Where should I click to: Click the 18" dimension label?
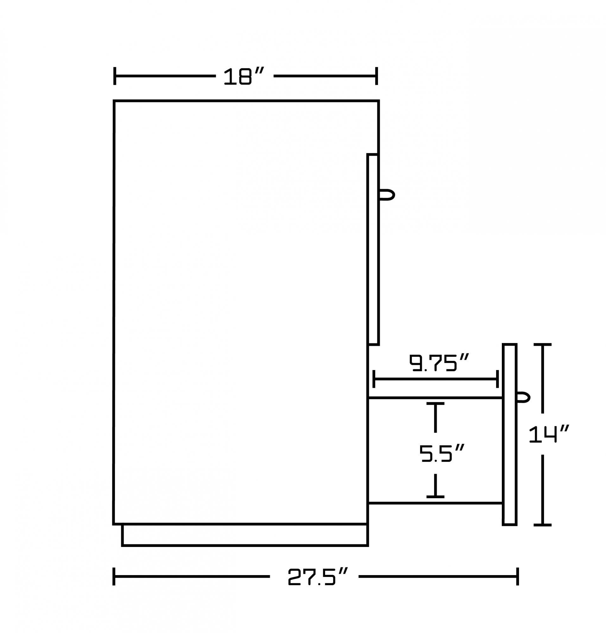coord(244,76)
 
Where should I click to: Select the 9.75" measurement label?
coord(439,363)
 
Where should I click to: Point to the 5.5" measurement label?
coord(442,453)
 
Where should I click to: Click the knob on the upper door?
coord(387,195)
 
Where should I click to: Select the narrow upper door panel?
coord(373,249)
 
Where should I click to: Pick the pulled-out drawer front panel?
coord(510,434)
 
